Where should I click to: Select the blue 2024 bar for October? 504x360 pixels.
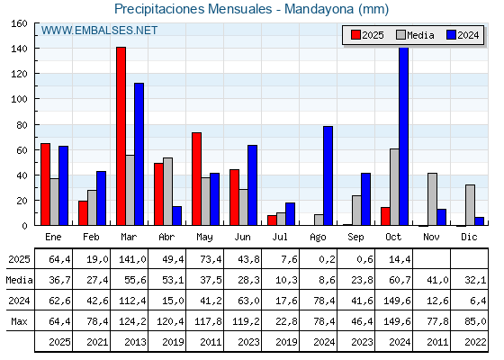point(403,136)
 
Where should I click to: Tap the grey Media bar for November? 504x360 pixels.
point(432,199)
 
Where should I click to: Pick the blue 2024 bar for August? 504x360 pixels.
point(328,175)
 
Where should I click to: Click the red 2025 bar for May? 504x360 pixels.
point(196,179)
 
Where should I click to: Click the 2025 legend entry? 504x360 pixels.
point(368,35)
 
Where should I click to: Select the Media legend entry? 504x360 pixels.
point(413,35)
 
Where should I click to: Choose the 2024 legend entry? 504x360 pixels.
point(463,35)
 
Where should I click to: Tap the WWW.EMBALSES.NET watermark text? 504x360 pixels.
point(99,31)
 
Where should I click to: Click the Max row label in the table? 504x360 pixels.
point(18,321)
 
